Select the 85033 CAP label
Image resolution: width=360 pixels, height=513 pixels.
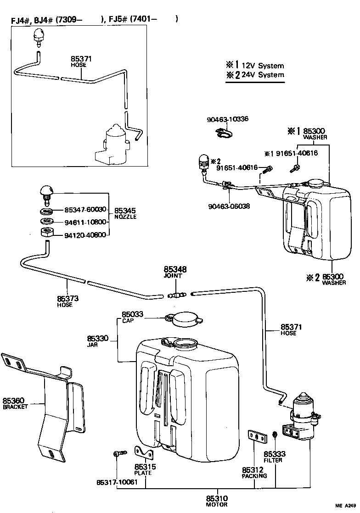coord(132,317)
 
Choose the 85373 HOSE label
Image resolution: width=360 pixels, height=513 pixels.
coord(67,301)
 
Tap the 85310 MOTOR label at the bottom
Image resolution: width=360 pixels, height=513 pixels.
coord(217,501)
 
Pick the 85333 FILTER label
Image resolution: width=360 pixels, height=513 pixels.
coord(274,457)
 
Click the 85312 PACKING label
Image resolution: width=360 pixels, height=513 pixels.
coord(253,473)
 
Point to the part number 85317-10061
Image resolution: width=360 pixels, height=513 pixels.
coord(117,482)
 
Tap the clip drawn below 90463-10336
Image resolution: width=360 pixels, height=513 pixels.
coord(224,133)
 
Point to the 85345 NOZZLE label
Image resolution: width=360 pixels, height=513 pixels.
coord(125,212)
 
